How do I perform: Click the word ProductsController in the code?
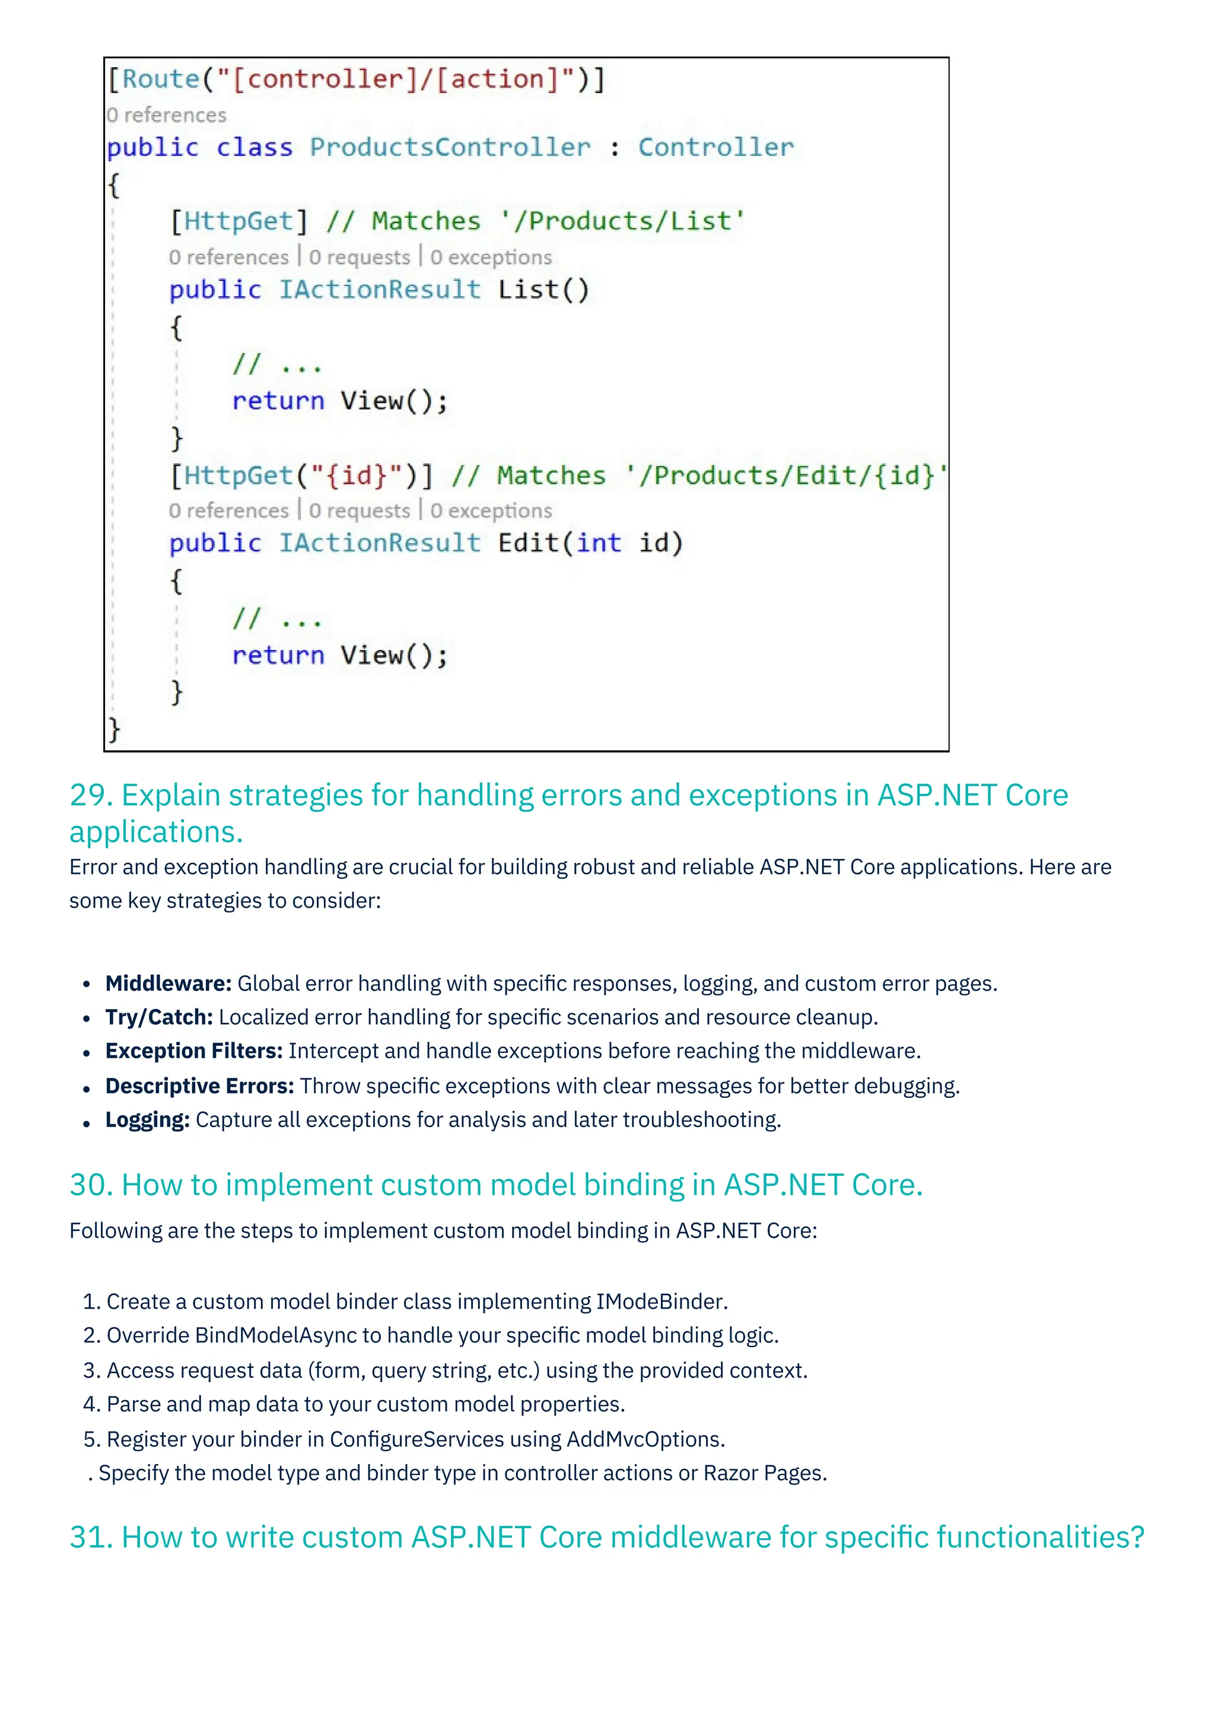pyautogui.click(x=450, y=147)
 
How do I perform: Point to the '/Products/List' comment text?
pyautogui.click(x=628, y=221)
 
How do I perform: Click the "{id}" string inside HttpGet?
pyautogui.click(x=357, y=476)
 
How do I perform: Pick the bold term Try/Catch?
pyautogui.click(x=158, y=1017)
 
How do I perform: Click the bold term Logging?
pyautogui.click(x=147, y=1120)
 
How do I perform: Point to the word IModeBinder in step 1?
pyautogui.click(x=661, y=1302)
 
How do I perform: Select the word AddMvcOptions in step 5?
pyautogui.click(x=644, y=1440)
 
